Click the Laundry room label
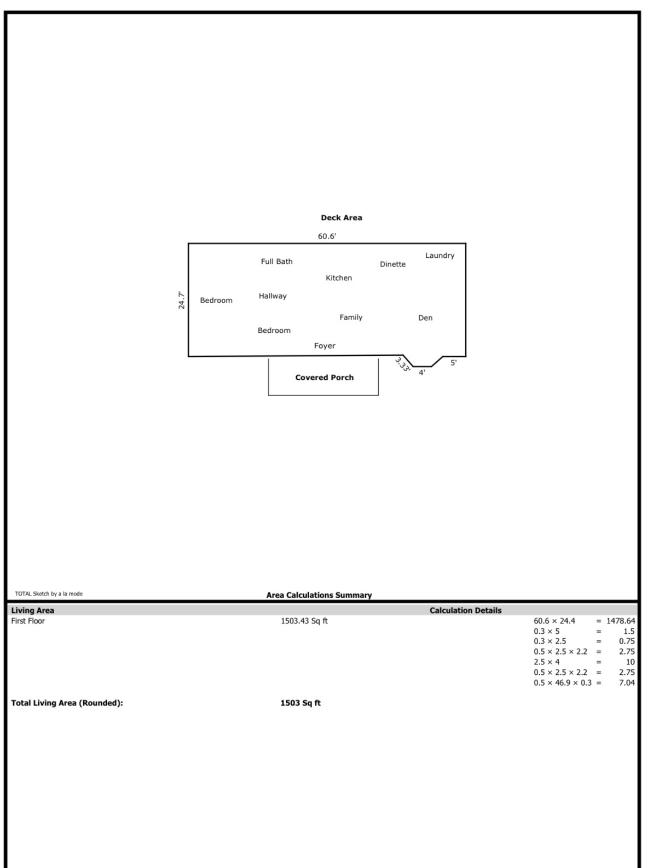(x=440, y=256)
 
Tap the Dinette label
(x=392, y=264)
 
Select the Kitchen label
(x=338, y=278)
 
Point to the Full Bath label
(x=276, y=262)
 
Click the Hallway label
(x=273, y=296)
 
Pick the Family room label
(x=351, y=317)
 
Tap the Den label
(x=425, y=317)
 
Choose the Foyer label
(x=325, y=346)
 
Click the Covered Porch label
(x=324, y=377)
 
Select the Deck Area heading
(x=342, y=217)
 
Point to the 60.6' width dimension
(x=327, y=236)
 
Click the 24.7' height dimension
(x=181, y=300)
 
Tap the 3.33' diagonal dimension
(x=402, y=364)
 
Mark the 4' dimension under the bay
(x=422, y=373)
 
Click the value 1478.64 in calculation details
(x=621, y=621)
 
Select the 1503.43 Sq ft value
(x=304, y=621)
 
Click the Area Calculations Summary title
(x=319, y=595)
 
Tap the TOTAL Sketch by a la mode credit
(x=49, y=594)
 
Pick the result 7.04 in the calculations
(x=627, y=682)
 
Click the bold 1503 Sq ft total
(x=300, y=703)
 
